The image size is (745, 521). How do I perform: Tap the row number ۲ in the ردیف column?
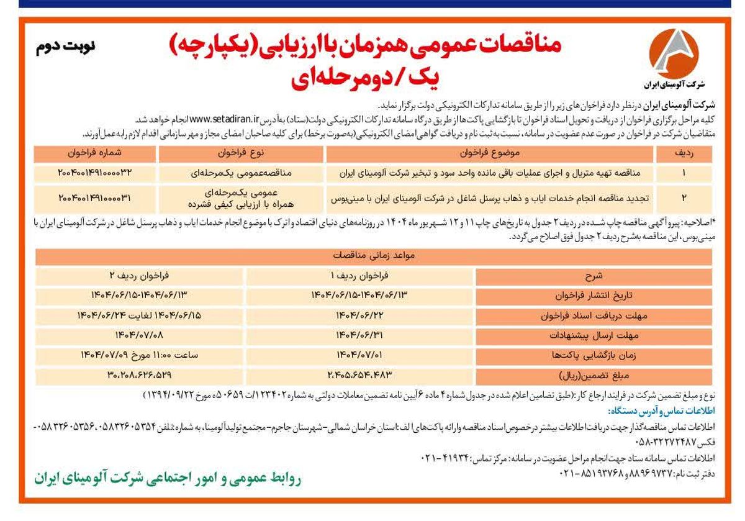point(684,198)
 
